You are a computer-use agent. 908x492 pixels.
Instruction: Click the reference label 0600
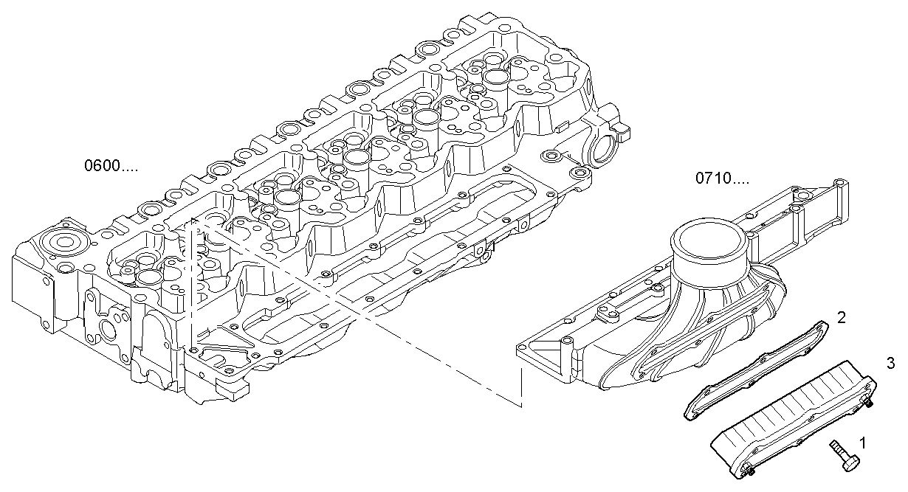111,167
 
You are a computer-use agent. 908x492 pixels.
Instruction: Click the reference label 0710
723,179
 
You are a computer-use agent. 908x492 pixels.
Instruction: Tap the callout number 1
862,443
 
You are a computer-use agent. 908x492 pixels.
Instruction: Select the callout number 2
842,318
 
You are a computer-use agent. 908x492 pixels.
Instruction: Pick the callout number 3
891,363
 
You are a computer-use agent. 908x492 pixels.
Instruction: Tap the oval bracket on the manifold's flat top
610,315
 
